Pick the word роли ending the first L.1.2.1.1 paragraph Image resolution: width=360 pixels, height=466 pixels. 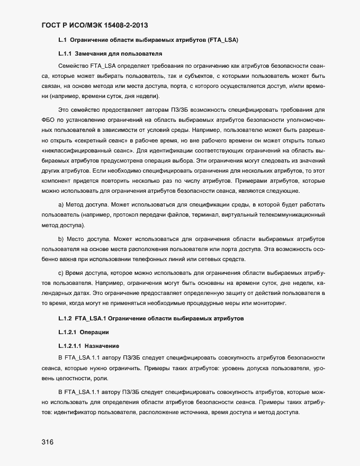(x=105, y=379)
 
